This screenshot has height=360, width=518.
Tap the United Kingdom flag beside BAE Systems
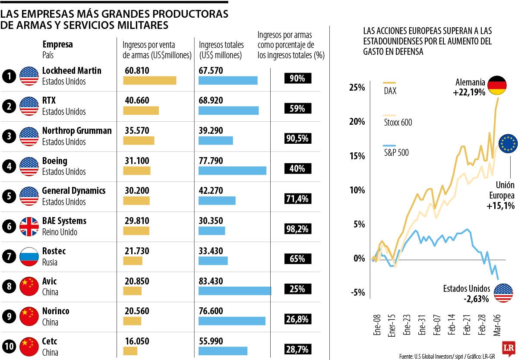click(29, 227)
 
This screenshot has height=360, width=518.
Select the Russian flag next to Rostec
click(29, 257)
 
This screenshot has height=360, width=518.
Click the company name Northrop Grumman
click(77, 131)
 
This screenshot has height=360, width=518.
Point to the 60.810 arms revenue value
click(137, 70)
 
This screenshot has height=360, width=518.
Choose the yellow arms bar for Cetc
click(130, 351)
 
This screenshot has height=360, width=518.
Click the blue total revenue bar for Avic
click(235, 291)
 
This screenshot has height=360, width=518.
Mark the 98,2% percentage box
click(297, 229)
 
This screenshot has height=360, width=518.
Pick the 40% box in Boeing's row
click(297, 169)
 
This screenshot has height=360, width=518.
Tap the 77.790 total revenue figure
click(211, 161)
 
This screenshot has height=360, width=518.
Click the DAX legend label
click(390, 91)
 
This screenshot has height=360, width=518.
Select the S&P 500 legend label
click(396, 152)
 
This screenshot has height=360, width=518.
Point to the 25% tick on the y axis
click(357, 88)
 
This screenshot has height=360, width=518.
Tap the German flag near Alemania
click(496, 85)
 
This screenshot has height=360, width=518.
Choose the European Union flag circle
click(508, 143)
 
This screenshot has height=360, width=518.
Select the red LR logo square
click(508, 347)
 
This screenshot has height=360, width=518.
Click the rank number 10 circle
click(9, 347)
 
